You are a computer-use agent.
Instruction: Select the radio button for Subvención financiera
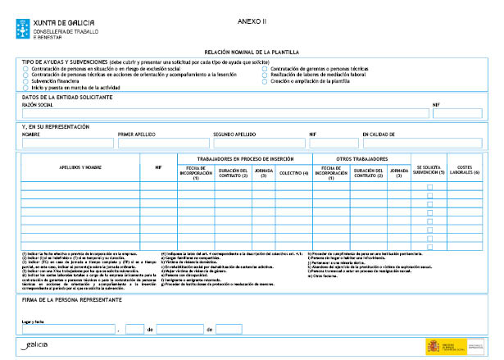point(25,81)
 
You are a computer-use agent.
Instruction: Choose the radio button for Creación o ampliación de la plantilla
point(265,81)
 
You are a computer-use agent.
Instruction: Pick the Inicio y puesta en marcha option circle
point(25,88)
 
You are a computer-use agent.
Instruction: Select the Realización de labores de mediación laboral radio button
point(265,75)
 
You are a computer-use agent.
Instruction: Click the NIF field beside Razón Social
point(457,113)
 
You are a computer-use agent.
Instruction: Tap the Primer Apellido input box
point(163,144)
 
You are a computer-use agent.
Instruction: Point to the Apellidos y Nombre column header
point(80,167)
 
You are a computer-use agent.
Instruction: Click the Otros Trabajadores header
point(362,158)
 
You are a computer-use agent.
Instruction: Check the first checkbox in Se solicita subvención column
point(429,187)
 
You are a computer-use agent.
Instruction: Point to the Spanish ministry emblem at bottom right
point(434,345)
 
